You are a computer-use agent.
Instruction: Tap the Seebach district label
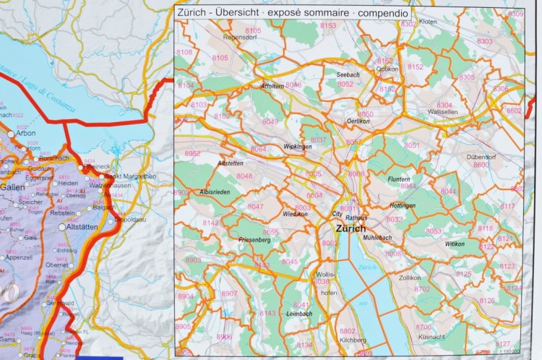(x=348, y=74)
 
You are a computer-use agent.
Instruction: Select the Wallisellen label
(x=444, y=112)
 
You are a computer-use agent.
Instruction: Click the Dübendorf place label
(x=480, y=157)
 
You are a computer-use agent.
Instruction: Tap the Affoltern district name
(x=272, y=86)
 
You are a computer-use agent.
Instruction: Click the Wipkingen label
(x=298, y=147)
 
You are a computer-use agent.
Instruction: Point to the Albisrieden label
(x=214, y=192)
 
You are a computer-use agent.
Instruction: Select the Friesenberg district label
(x=254, y=239)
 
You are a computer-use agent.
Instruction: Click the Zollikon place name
(x=409, y=277)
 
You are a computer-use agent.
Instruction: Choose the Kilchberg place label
(x=353, y=340)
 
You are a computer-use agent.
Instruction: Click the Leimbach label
(x=298, y=314)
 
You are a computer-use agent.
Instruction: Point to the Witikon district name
(x=455, y=244)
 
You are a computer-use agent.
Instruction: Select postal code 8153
(x=328, y=26)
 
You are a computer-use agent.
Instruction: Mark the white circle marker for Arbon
(x=11, y=134)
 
